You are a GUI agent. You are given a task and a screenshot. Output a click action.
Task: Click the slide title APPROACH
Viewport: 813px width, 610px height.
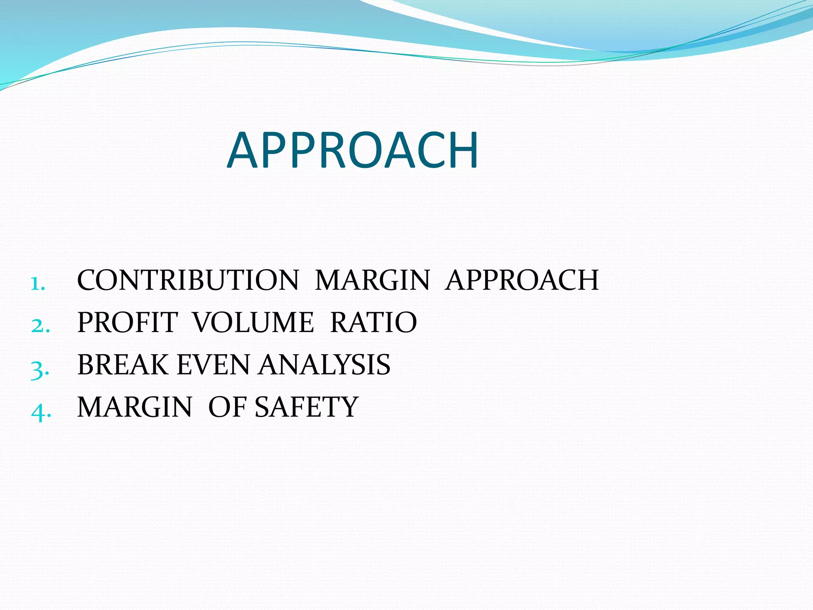[353, 151]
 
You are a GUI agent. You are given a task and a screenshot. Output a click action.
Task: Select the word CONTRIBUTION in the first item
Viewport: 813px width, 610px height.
[187, 280]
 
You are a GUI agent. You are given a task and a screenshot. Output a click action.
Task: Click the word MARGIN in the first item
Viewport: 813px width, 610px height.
[372, 280]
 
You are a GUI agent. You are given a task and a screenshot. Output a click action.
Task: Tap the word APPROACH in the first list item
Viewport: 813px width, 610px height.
[522, 280]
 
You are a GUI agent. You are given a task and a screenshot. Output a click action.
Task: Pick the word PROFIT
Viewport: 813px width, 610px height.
[127, 322]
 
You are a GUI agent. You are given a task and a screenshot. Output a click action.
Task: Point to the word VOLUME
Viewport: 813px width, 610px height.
[253, 322]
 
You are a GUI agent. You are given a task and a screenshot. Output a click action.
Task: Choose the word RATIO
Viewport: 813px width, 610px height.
[374, 322]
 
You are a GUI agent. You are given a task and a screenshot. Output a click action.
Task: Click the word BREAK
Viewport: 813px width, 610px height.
[123, 365]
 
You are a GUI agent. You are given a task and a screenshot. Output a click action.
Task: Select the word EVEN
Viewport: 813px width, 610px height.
[213, 365]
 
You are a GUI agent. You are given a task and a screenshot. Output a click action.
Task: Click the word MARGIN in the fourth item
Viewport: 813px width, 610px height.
[135, 407]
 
